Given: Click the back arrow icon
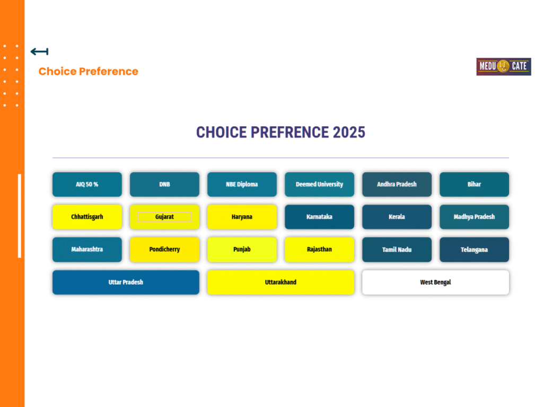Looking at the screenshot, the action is pyautogui.click(x=39, y=51).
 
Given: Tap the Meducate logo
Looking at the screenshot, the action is pyautogui.click(x=504, y=66).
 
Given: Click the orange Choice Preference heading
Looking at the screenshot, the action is pyautogui.click(x=89, y=72).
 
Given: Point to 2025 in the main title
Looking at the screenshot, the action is pyautogui.click(x=349, y=132).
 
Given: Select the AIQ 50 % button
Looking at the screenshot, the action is pyautogui.click(x=87, y=184).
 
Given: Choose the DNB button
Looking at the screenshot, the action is pyautogui.click(x=164, y=184).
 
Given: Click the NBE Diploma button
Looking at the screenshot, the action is pyautogui.click(x=242, y=184).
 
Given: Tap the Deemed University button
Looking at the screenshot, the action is pyautogui.click(x=319, y=184).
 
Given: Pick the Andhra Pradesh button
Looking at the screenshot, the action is pyautogui.click(x=397, y=184).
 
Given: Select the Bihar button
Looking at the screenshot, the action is pyautogui.click(x=475, y=184).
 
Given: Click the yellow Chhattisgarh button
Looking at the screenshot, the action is pyautogui.click(x=87, y=217).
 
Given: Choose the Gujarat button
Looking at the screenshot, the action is pyautogui.click(x=164, y=217).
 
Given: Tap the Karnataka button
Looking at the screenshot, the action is pyautogui.click(x=319, y=217).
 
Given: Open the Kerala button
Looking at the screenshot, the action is pyautogui.click(x=397, y=217).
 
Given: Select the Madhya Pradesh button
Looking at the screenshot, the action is pyautogui.click(x=475, y=217).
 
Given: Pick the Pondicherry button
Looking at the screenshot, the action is pyautogui.click(x=164, y=250).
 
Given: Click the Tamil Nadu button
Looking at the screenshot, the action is pyautogui.click(x=397, y=250).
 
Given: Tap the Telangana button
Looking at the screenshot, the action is pyautogui.click(x=475, y=250).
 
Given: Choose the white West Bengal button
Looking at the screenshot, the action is pyautogui.click(x=436, y=282).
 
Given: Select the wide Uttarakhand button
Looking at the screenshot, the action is pyautogui.click(x=281, y=282).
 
